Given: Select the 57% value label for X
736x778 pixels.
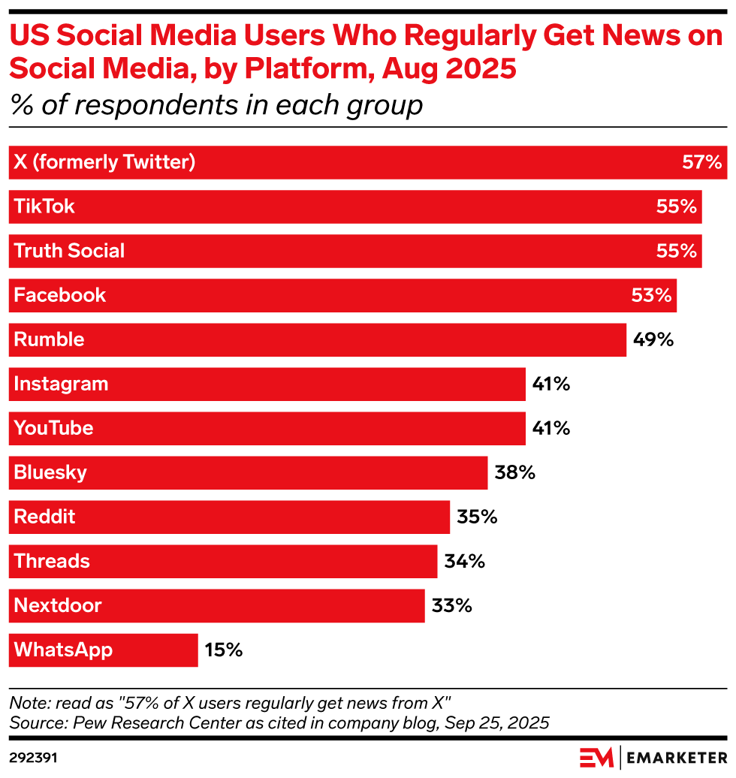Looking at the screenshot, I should pyautogui.click(x=701, y=162).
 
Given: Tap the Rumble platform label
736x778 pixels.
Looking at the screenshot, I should pyautogui.click(x=49, y=339).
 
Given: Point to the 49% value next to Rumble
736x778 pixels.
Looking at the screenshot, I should pyautogui.click(x=653, y=339).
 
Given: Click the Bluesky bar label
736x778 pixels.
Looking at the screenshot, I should pyautogui.click(x=50, y=472).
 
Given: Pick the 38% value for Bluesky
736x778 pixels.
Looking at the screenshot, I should pyautogui.click(x=514, y=472).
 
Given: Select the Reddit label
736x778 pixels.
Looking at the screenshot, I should pyautogui.click(x=44, y=517).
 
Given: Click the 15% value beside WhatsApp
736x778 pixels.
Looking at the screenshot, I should pyautogui.click(x=224, y=650).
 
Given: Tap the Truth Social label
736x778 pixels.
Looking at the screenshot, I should pyautogui.click(x=69, y=251).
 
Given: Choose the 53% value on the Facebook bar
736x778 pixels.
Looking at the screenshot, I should pyautogui.click(x=651, y=295).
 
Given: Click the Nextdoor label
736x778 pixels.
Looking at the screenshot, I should pyautogui.click(x=58, y=605).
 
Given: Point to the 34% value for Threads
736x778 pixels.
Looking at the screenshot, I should pyautogui.click(x=464, y=561).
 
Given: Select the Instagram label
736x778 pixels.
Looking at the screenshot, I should pyautogui.click(x=61, y=384).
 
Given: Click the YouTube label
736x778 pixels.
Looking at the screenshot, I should pyautogui.click(x=53, y=428).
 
